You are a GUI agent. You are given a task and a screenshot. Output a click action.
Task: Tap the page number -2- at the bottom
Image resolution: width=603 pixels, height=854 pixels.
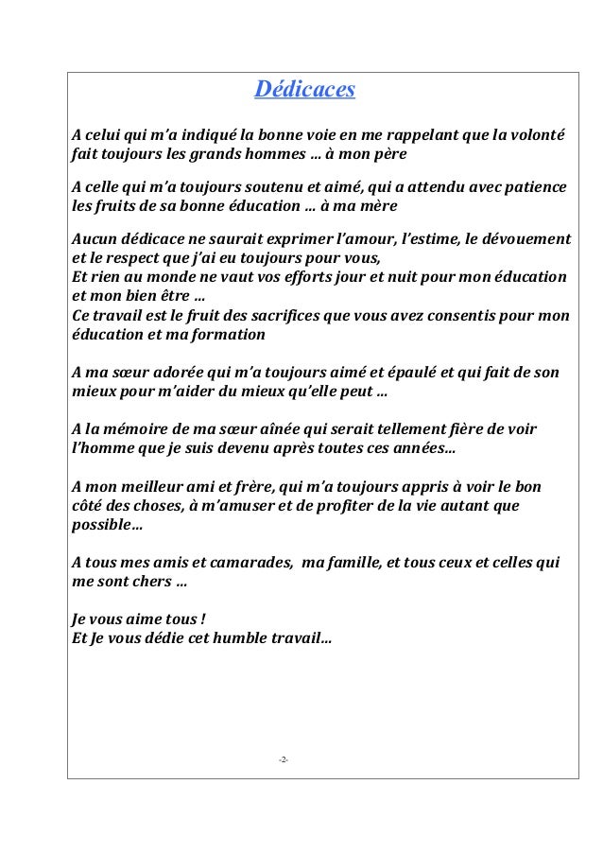point(284,759)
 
